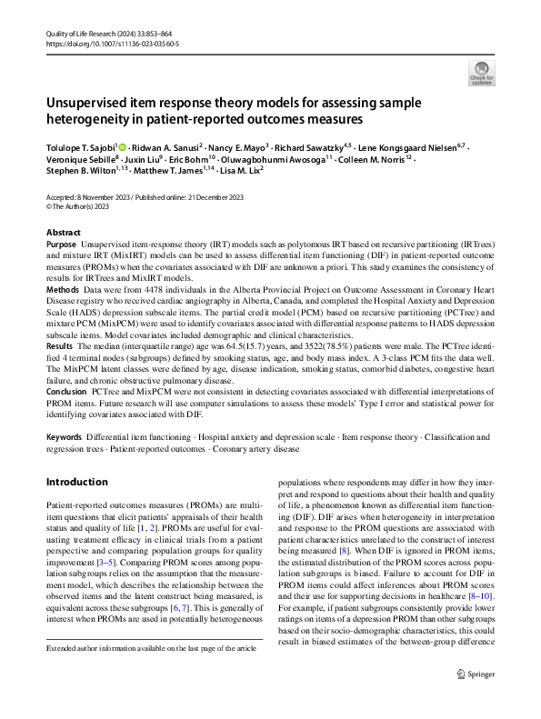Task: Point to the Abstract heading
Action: pos(63,233)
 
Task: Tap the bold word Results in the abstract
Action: pos(60,347)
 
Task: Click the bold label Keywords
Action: pos(64,437)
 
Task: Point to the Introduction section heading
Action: pos(84,482)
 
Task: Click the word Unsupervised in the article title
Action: pos(89,103)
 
